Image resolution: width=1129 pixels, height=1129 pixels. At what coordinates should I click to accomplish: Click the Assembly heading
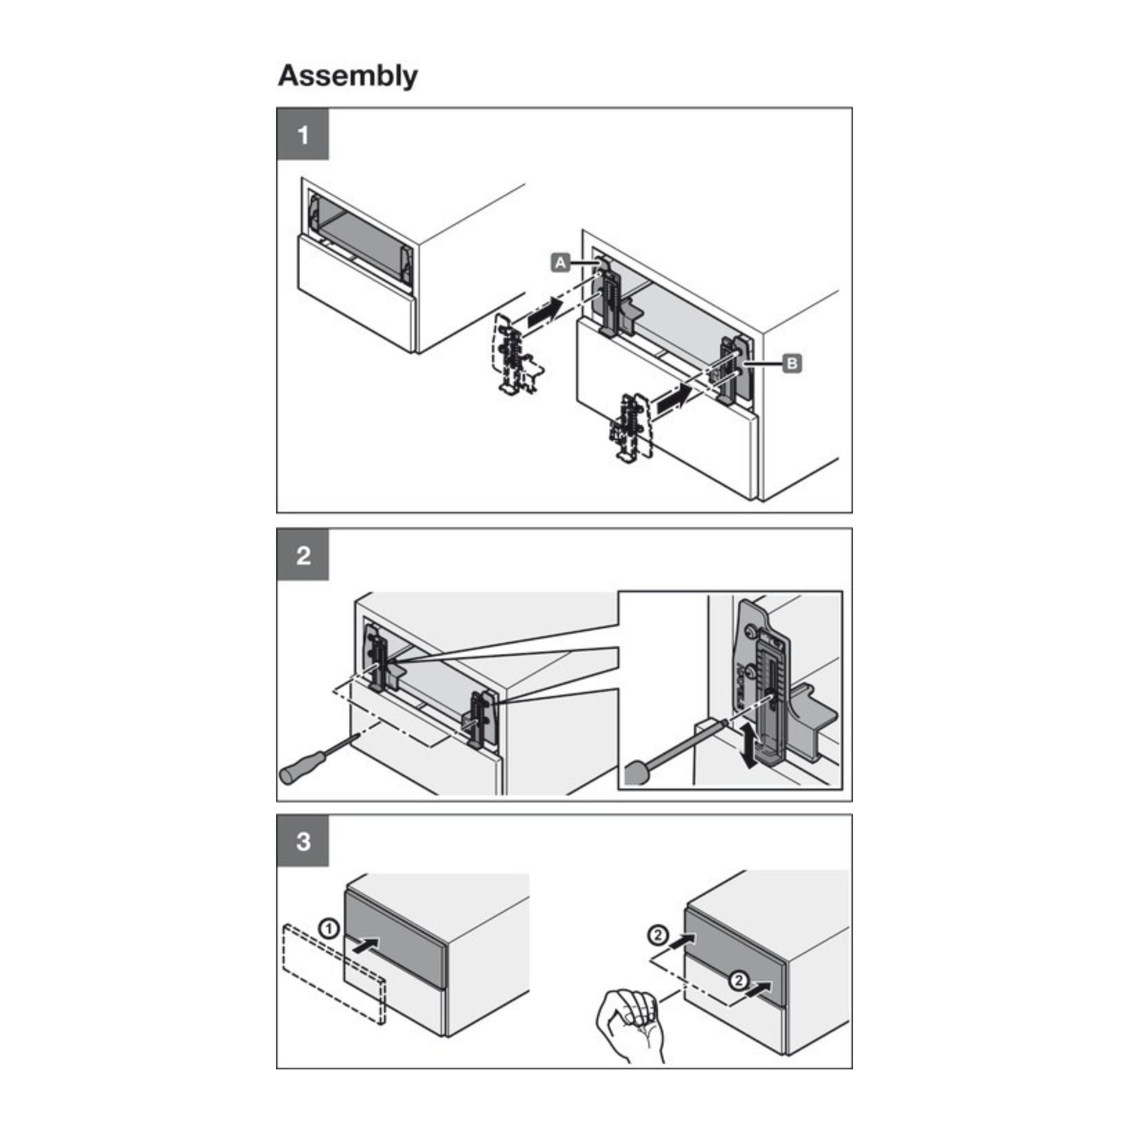[x=348, y=77]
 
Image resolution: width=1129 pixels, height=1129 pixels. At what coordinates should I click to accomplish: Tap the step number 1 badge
[x=303, y=134]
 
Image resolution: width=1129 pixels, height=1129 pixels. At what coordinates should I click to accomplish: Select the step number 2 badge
[x=303, y=555]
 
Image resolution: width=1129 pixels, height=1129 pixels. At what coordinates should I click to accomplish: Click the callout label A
[x=560, y=263]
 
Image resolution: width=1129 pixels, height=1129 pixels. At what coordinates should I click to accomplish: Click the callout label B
[x=792, y=364]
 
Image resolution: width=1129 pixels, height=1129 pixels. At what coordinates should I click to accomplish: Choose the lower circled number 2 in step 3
[x=738, y=980]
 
